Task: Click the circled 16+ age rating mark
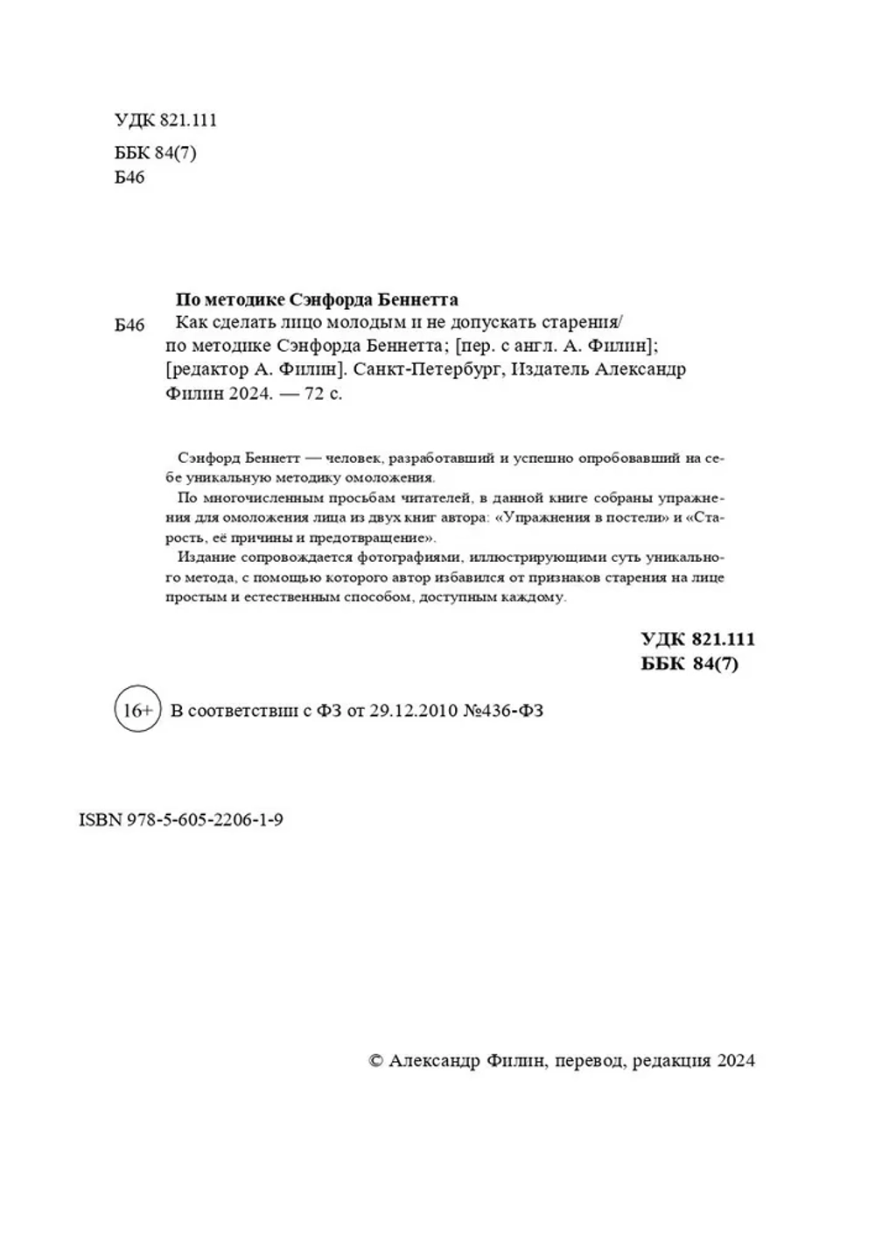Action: pos(137,710)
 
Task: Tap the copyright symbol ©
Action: pos(376,1060)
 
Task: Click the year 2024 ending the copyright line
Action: pos(736,1060)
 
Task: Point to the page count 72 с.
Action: pos(324,394)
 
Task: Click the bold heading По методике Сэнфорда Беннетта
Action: pos(318,299)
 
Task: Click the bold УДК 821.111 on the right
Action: pos(697,639)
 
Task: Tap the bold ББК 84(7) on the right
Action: pos(689,664)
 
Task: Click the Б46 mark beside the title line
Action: pos(129,326)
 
